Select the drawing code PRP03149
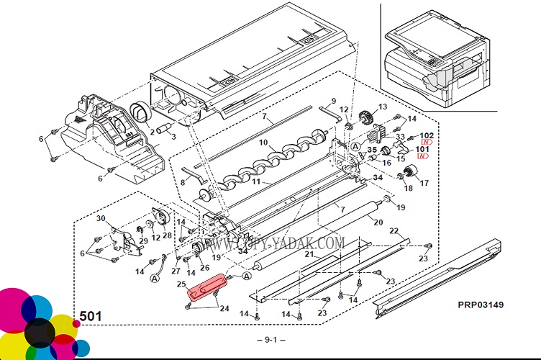pyautogui.click(x=481, y=305)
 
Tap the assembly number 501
pyautogui.click(x=90, y=315)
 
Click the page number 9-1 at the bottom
pyautogui.click(x=270, y=339)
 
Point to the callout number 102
pyautogui.click(x=427, y=136)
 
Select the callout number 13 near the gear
pyautogui.click(x=383, y=107)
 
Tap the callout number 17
pyautogui.click(x=424, y=184)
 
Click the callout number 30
pyautogui.click(x=101, y=219)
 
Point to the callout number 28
pyautogui.click(x=167, y=236)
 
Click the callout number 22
pyautogui.click(x=394, y=231)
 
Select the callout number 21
pyautogui.click(x=308, y=255)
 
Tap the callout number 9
pyautogui.click(x=334, y=100)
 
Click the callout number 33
pyautogui.click(x=400, y=138)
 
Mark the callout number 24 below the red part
pyautogui.click(x=224, y=309)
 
